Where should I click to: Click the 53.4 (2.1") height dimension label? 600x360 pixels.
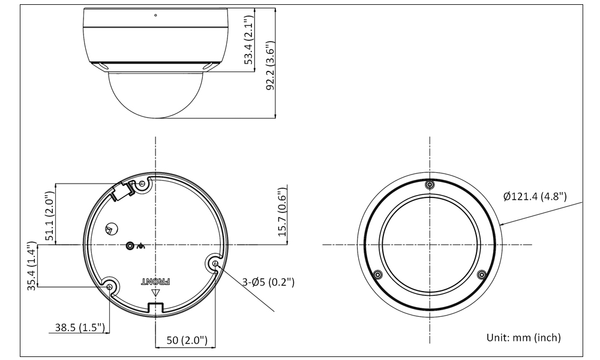click(249, 40)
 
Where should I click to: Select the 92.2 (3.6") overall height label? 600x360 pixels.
click(271, 65)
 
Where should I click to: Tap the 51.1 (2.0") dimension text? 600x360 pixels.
click(50, 216)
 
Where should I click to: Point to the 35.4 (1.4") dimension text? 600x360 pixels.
click(32, 266)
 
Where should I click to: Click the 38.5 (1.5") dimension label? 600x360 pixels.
click(80, 328)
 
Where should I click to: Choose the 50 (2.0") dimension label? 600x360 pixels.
click(187, 340)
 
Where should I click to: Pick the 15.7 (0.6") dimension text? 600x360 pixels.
click(281, 212)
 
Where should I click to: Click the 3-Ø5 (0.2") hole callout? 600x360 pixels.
click(269, 283)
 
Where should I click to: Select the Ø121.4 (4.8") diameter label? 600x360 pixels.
click(535, 196)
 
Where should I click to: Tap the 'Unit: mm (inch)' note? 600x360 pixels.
click(523, 337)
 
